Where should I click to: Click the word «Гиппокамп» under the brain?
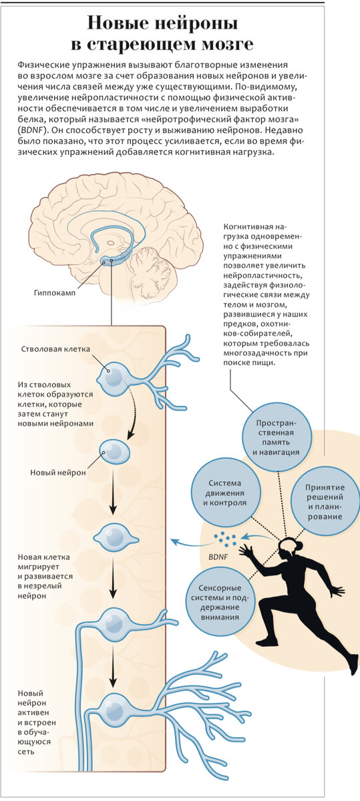pos(55,293)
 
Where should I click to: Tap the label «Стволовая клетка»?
pos(55,349)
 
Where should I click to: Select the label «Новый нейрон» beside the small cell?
pos(58,473)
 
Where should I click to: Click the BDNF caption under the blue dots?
pos(218,557)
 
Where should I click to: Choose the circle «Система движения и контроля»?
pos(225,493)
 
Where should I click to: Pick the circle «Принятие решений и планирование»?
pos(325,502)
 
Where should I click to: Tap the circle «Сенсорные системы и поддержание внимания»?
pos(220,603)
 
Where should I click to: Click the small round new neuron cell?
pos(114,452)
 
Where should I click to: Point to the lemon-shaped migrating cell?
pos(116,537)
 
